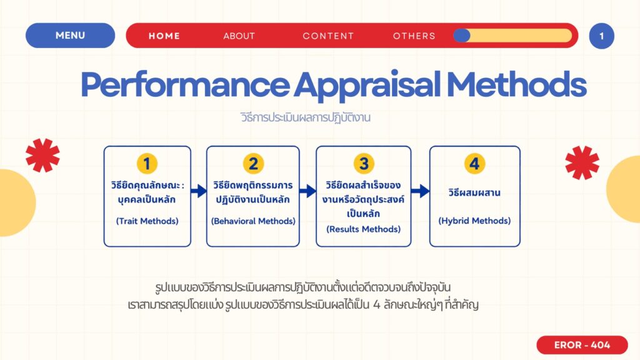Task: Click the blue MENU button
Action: [x=70, y=36]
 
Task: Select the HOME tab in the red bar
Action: [x=164, y=36]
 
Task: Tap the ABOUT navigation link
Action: [x=239, y=36]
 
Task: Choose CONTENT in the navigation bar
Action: [x=328, y=36]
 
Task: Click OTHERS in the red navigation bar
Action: [x=414, y=36]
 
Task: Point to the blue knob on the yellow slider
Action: [x=462, y=36]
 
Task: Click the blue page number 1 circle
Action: [x=602, y=36]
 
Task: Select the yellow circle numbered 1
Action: [x=147, y=164]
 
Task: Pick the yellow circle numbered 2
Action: [x=253, y=164]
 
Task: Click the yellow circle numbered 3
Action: [x=364, y=164]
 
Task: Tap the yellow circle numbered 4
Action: [x=475, y=164]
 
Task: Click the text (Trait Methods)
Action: [x=147, y=221]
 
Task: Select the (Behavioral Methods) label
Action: [x=253, y=221]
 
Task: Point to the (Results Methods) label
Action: [x=363, y=229]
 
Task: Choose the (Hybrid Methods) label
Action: [x=474, y=221]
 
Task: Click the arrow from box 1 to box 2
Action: [x=199, y=191]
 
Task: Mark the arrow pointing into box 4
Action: [x=420, y=191]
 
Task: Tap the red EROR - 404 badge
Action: [x=582, y=345]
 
